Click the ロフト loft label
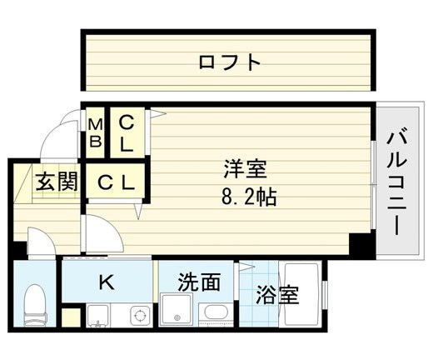coord(231,62)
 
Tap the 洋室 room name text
coord(244,170)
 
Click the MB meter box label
coord(96,133)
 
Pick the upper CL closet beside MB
coord(125,133)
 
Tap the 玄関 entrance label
coord(56,181)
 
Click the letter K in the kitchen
coord(106,282)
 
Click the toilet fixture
coord(36,307)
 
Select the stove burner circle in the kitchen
coord(140,316)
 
